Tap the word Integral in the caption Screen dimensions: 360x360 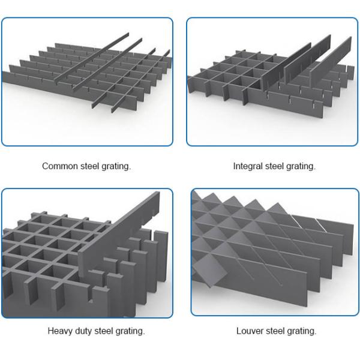247,166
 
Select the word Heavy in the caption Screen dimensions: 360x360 60,331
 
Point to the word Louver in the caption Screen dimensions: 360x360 249,331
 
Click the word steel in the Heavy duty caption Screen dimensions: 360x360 106,331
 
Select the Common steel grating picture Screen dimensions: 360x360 87,82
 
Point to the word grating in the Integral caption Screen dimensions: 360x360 301,166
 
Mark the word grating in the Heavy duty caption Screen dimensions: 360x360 131,331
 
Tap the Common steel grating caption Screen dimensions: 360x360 86,166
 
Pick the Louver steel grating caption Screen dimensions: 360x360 276,331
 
